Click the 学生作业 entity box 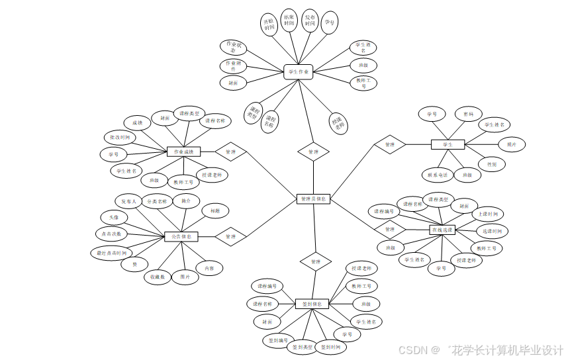[298, 71]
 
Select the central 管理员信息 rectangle [312, 199]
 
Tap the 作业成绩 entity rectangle [183, 152]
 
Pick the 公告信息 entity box [181, 236]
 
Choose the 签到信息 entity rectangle [311, 304]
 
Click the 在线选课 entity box [442, 230]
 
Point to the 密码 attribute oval [468, 114]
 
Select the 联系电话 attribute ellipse [437, 175]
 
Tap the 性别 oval [491, 163]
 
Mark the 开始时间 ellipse [269, 24]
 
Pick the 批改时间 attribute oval [120, 138]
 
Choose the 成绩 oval [137, 122]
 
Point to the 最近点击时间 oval [111, 253]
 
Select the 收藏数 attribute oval [157, 277]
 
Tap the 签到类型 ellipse [300, 347]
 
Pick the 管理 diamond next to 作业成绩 [230, 152]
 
